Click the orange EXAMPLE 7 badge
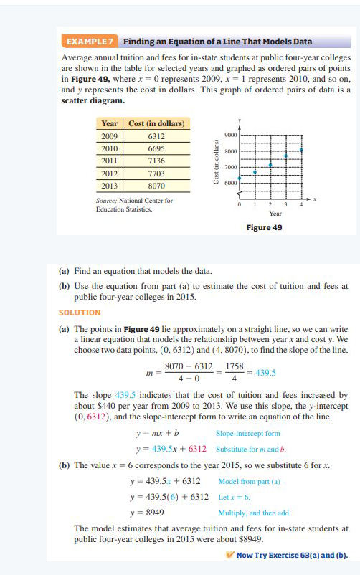90,42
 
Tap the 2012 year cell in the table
110,173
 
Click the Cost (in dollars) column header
156,123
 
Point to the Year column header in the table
110,123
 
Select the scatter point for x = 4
301,151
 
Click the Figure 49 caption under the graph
265,227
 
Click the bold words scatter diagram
93,100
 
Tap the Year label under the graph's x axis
275,213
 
